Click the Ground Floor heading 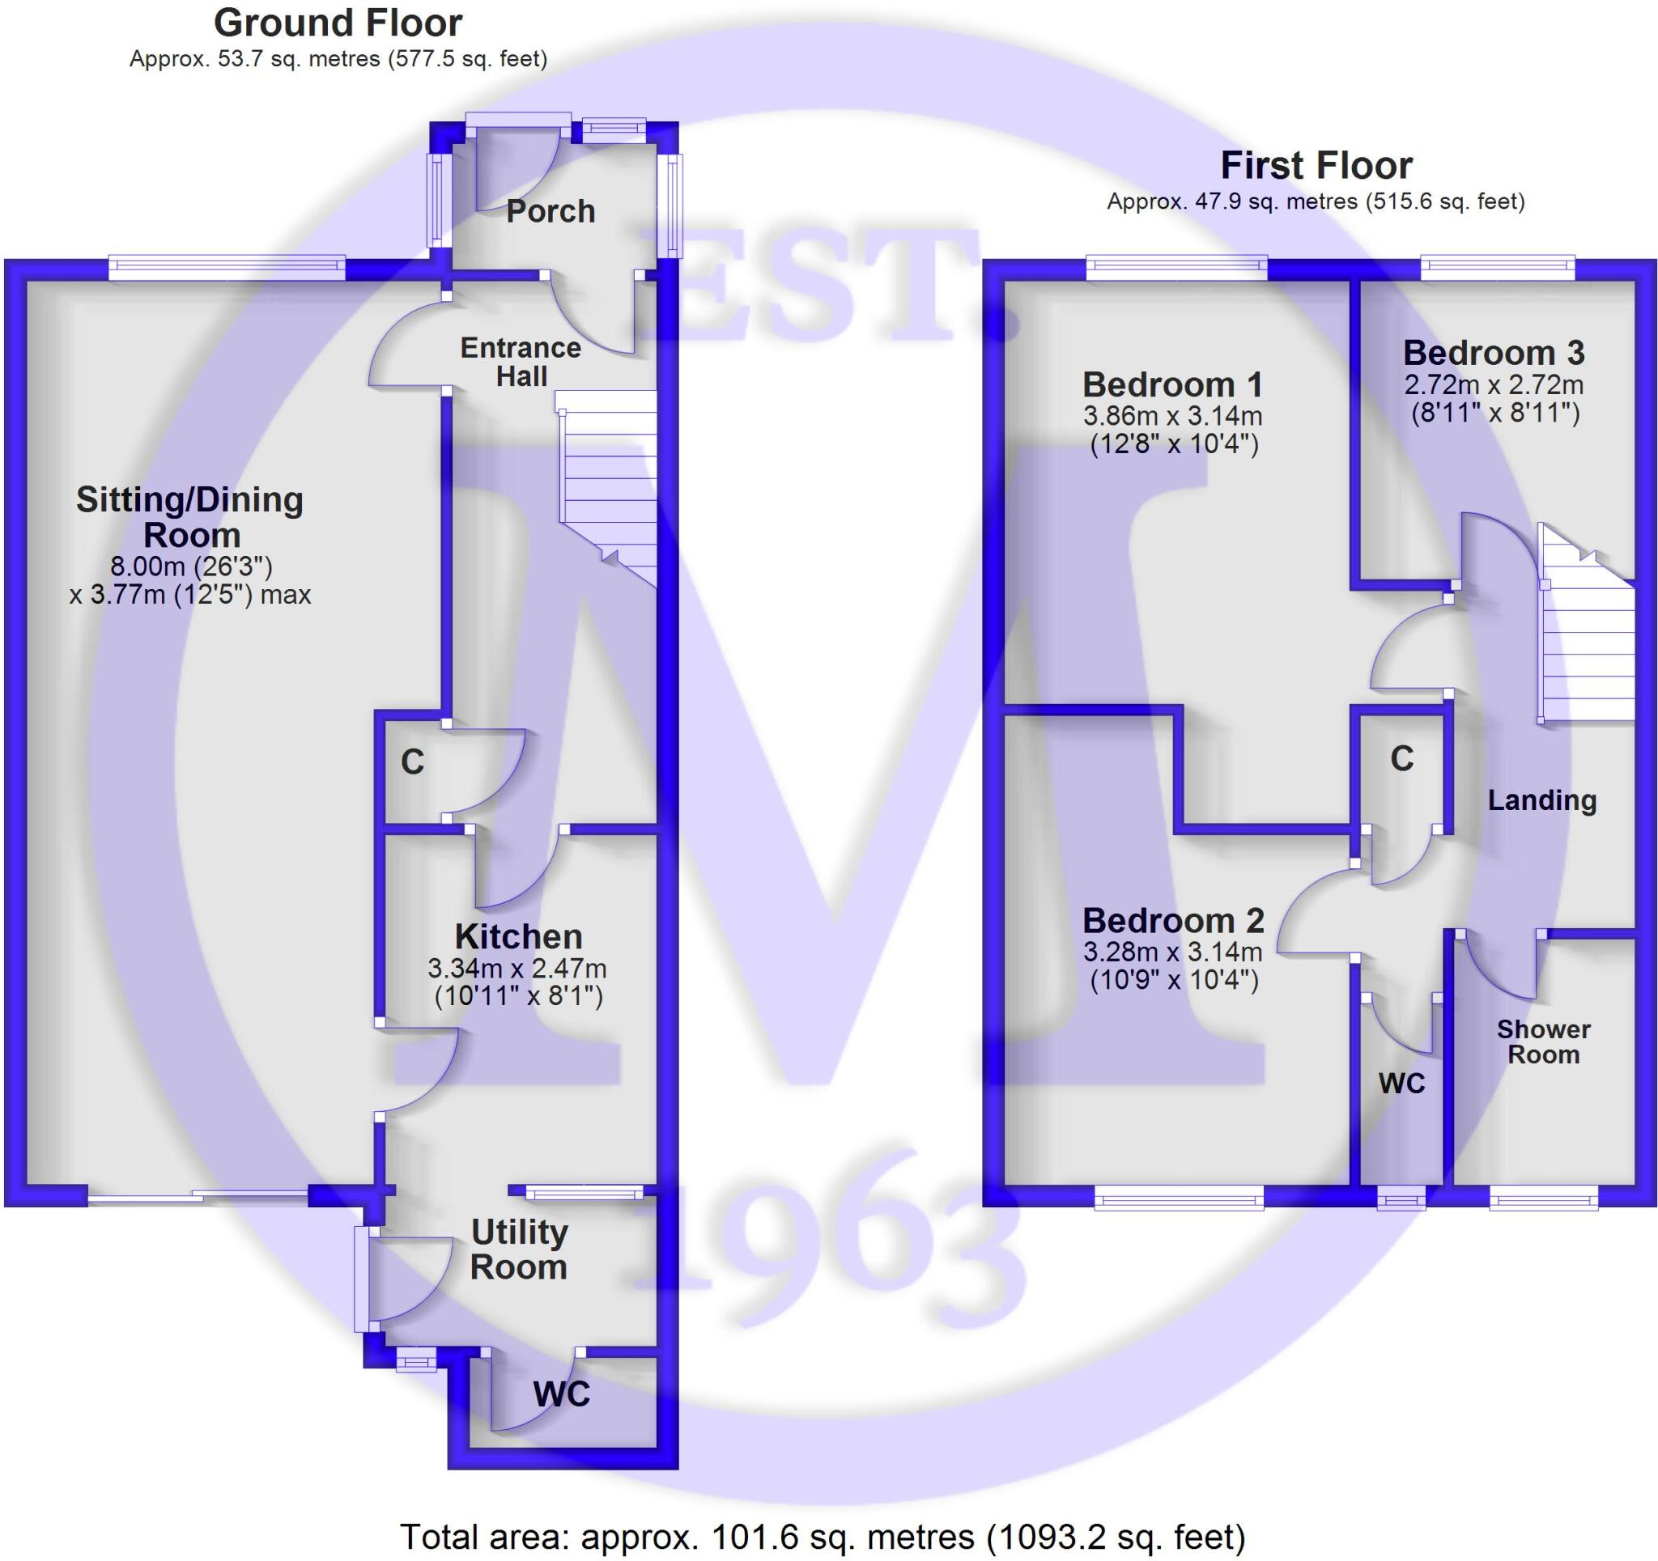point(338,23)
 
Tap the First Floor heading point(1316,166)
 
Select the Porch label point(551,212)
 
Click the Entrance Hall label point(521,362)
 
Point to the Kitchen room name point(518,937)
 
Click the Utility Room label point(519,1249)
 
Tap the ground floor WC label point(561,1393)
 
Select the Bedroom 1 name point(1171,385)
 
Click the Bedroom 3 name point(1493,354)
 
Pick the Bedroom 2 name point(1172,922)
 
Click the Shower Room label point(1543,1041)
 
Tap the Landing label point(1541,800)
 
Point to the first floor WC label point(1402,1084)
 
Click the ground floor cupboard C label point(412,762)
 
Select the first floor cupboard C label point(1402,759)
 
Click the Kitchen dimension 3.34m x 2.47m point(517,969)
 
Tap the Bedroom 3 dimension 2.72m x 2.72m point(1493,385)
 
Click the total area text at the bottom point(823,1536)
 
